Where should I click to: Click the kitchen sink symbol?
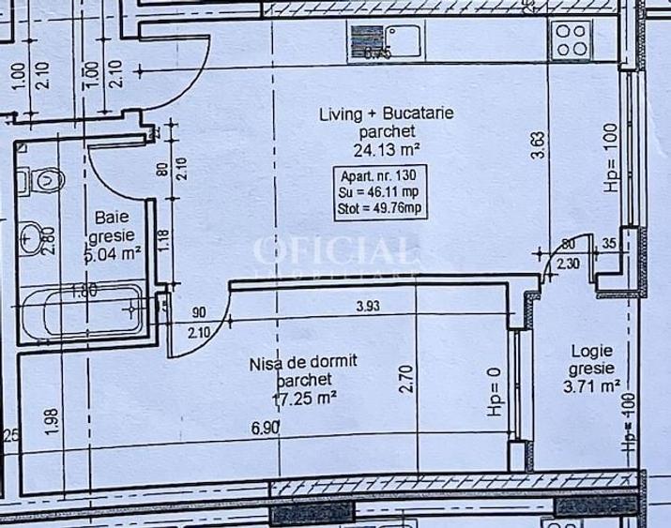pyautogui.click(x=387, y=40)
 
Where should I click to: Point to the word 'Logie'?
pyautogui.click(x=593, y=352)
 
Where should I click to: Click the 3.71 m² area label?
pyautogui.click(x=593, y=384)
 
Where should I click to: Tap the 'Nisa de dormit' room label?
pyautogui.click(x=304, y=361)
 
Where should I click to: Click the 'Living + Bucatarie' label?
pyautogui.click(x=387, y=114)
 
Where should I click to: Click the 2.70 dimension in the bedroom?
pyautogui.click(x=406, y=378)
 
